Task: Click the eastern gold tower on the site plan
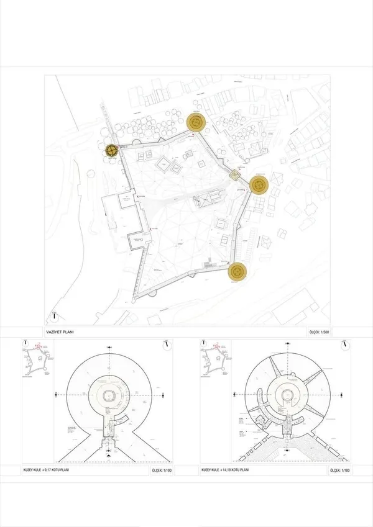click(259, 184)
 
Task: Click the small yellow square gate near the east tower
click(236, 175)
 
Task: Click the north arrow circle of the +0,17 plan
click(167, 345)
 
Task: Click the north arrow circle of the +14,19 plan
click(345, 345)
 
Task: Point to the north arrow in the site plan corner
click(55, 316)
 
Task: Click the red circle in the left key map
click(37, 348)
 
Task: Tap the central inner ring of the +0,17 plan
click(109, 395)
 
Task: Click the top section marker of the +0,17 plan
click(109, 347)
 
